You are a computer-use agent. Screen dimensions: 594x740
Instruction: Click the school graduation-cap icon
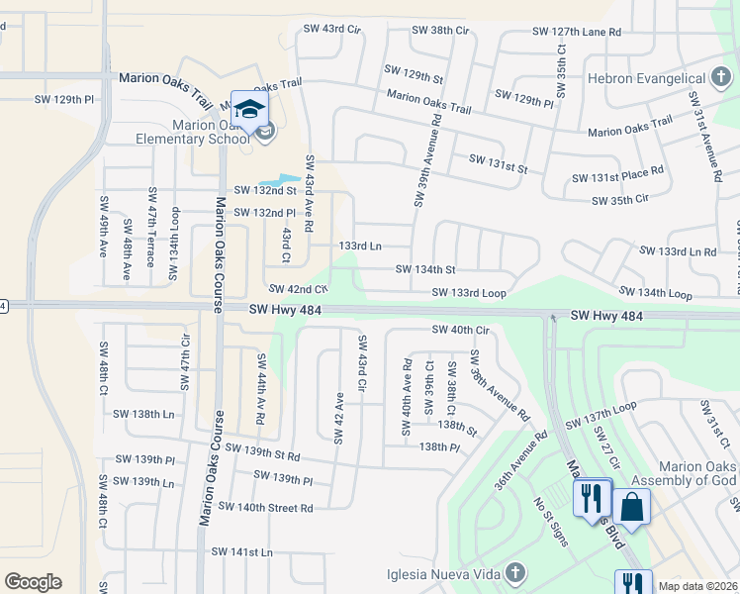(x=249, y=107)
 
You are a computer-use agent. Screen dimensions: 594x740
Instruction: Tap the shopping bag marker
(x=631, y=507)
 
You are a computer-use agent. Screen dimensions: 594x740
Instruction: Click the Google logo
(x=33, y=582)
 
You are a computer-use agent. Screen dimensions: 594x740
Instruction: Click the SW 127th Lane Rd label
(x=577, y=32)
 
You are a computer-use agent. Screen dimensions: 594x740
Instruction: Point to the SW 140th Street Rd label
(x=265, y=508)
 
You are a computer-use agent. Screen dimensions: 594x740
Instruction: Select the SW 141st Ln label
(x=241, y=551)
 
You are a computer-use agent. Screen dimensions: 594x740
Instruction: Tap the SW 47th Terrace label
(x=151, y=227)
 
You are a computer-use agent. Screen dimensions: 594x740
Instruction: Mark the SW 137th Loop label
(x=601, y=416)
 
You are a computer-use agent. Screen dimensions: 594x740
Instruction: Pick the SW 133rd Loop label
(x=469, y=293)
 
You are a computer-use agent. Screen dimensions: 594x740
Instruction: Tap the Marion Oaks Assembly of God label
(x=685, y=473)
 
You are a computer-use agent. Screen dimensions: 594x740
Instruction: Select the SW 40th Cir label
(x=461, y=330)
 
